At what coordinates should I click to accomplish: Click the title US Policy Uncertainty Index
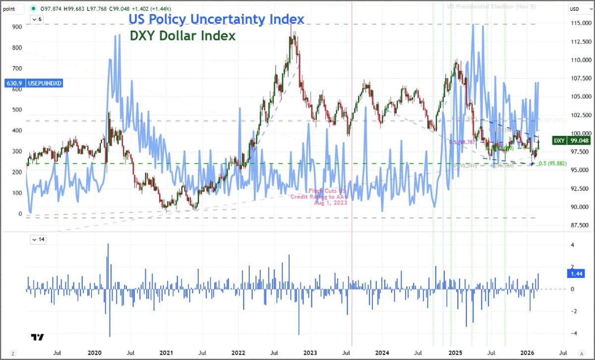coord(217,19)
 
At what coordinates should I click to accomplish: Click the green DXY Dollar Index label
coord(182,36)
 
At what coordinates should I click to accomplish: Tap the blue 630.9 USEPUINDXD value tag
coord(33,83)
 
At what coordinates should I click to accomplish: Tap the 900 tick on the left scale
coord(18,27)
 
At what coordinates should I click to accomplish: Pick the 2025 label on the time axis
coord(455,353)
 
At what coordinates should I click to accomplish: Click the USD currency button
coord(575,8)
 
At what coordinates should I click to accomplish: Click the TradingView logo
coord(37,337)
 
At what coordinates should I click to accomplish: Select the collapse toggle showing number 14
coord(38,240)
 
